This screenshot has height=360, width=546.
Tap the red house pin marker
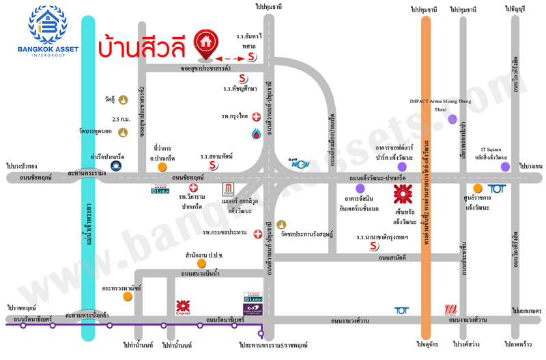(204, 43)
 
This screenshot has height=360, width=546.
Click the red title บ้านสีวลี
(143, 46)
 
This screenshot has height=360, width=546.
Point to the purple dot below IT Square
(504, 166)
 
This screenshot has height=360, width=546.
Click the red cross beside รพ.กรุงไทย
(255, 116)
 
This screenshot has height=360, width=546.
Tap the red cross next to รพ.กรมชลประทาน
(257, 234)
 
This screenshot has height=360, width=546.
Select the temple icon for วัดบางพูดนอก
(124, 132)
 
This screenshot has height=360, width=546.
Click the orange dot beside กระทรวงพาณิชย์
(127, 296)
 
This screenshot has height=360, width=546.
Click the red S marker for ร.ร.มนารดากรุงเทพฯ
(373, 246)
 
